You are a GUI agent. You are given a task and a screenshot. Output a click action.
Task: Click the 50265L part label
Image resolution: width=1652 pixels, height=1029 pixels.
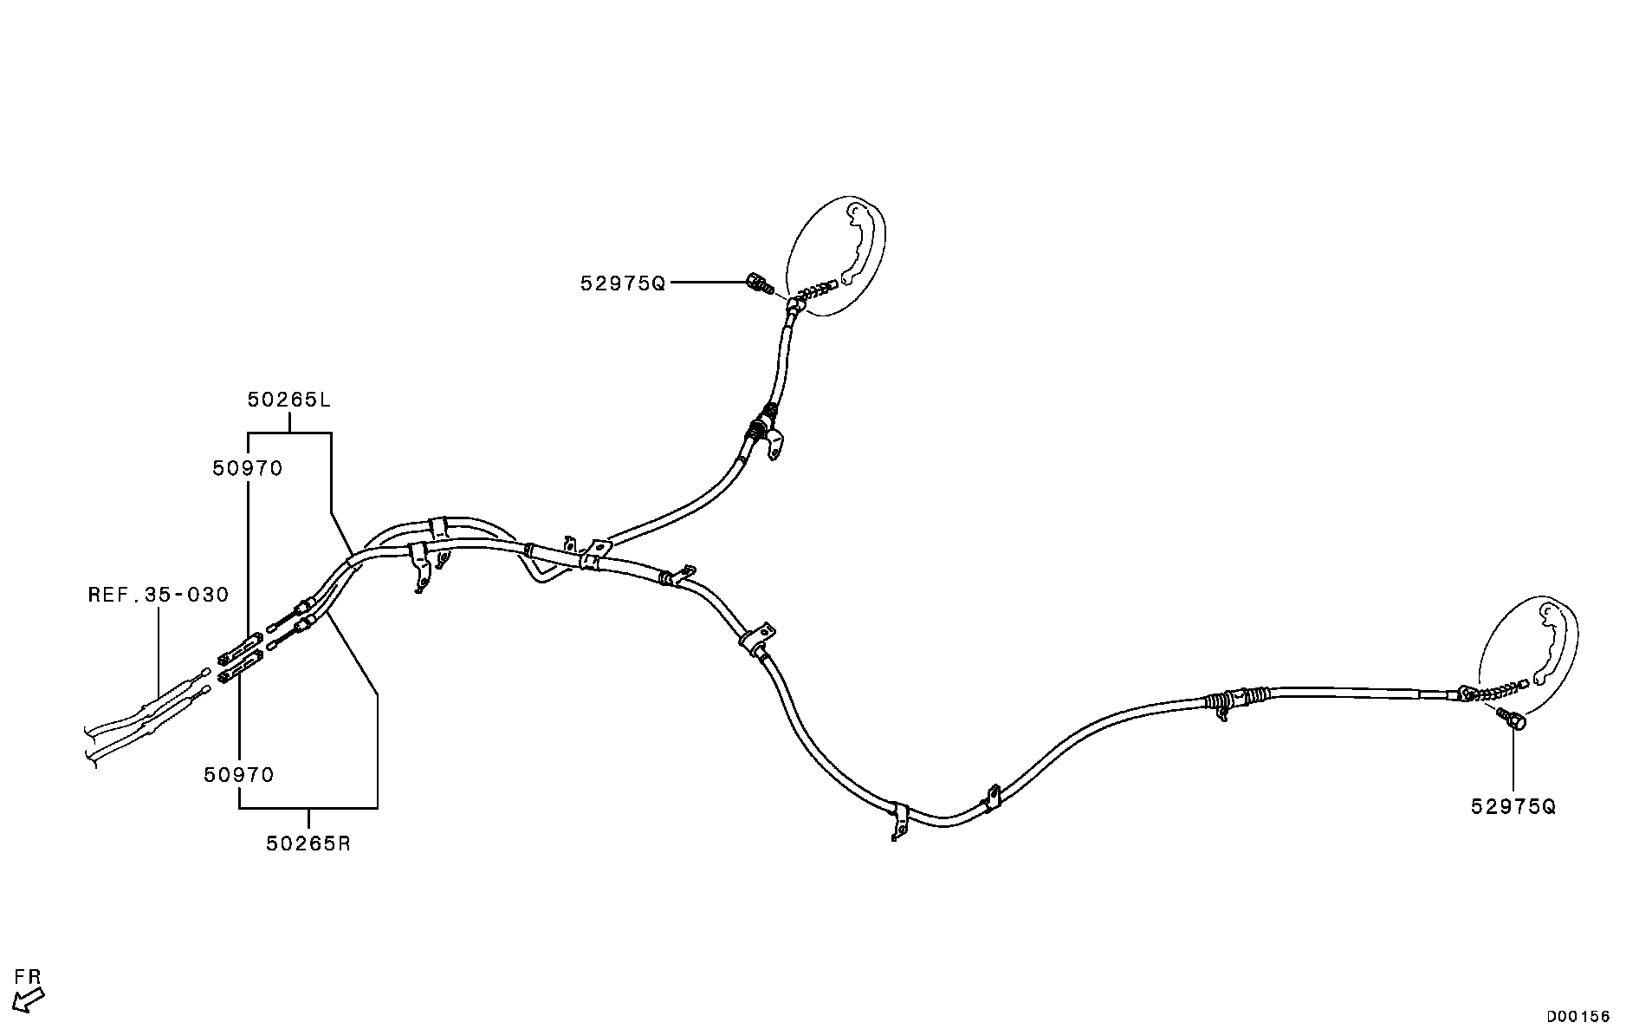coord(288,401)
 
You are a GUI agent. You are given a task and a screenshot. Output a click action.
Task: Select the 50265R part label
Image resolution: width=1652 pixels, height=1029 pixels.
coord(308,843)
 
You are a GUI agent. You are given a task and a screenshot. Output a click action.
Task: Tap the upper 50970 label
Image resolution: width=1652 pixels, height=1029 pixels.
coord(248,469)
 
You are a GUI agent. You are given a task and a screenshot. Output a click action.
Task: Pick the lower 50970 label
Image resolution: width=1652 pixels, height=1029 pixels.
coord(239,775)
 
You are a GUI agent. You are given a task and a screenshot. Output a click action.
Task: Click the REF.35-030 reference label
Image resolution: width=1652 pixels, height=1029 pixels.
coord(159,595)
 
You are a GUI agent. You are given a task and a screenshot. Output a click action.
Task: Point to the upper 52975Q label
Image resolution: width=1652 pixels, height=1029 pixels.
coord(623,283)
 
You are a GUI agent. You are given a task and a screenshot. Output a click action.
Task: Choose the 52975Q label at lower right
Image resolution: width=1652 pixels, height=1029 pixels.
coord(1513,807)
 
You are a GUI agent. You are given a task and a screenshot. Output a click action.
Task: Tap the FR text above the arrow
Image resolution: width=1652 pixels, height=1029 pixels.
coord(28,977)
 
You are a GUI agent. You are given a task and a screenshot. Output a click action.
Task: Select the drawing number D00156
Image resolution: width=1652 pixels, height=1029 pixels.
coord(1578,1016)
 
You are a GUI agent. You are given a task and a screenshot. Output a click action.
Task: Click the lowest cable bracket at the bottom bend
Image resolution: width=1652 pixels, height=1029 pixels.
coord(898,819)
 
